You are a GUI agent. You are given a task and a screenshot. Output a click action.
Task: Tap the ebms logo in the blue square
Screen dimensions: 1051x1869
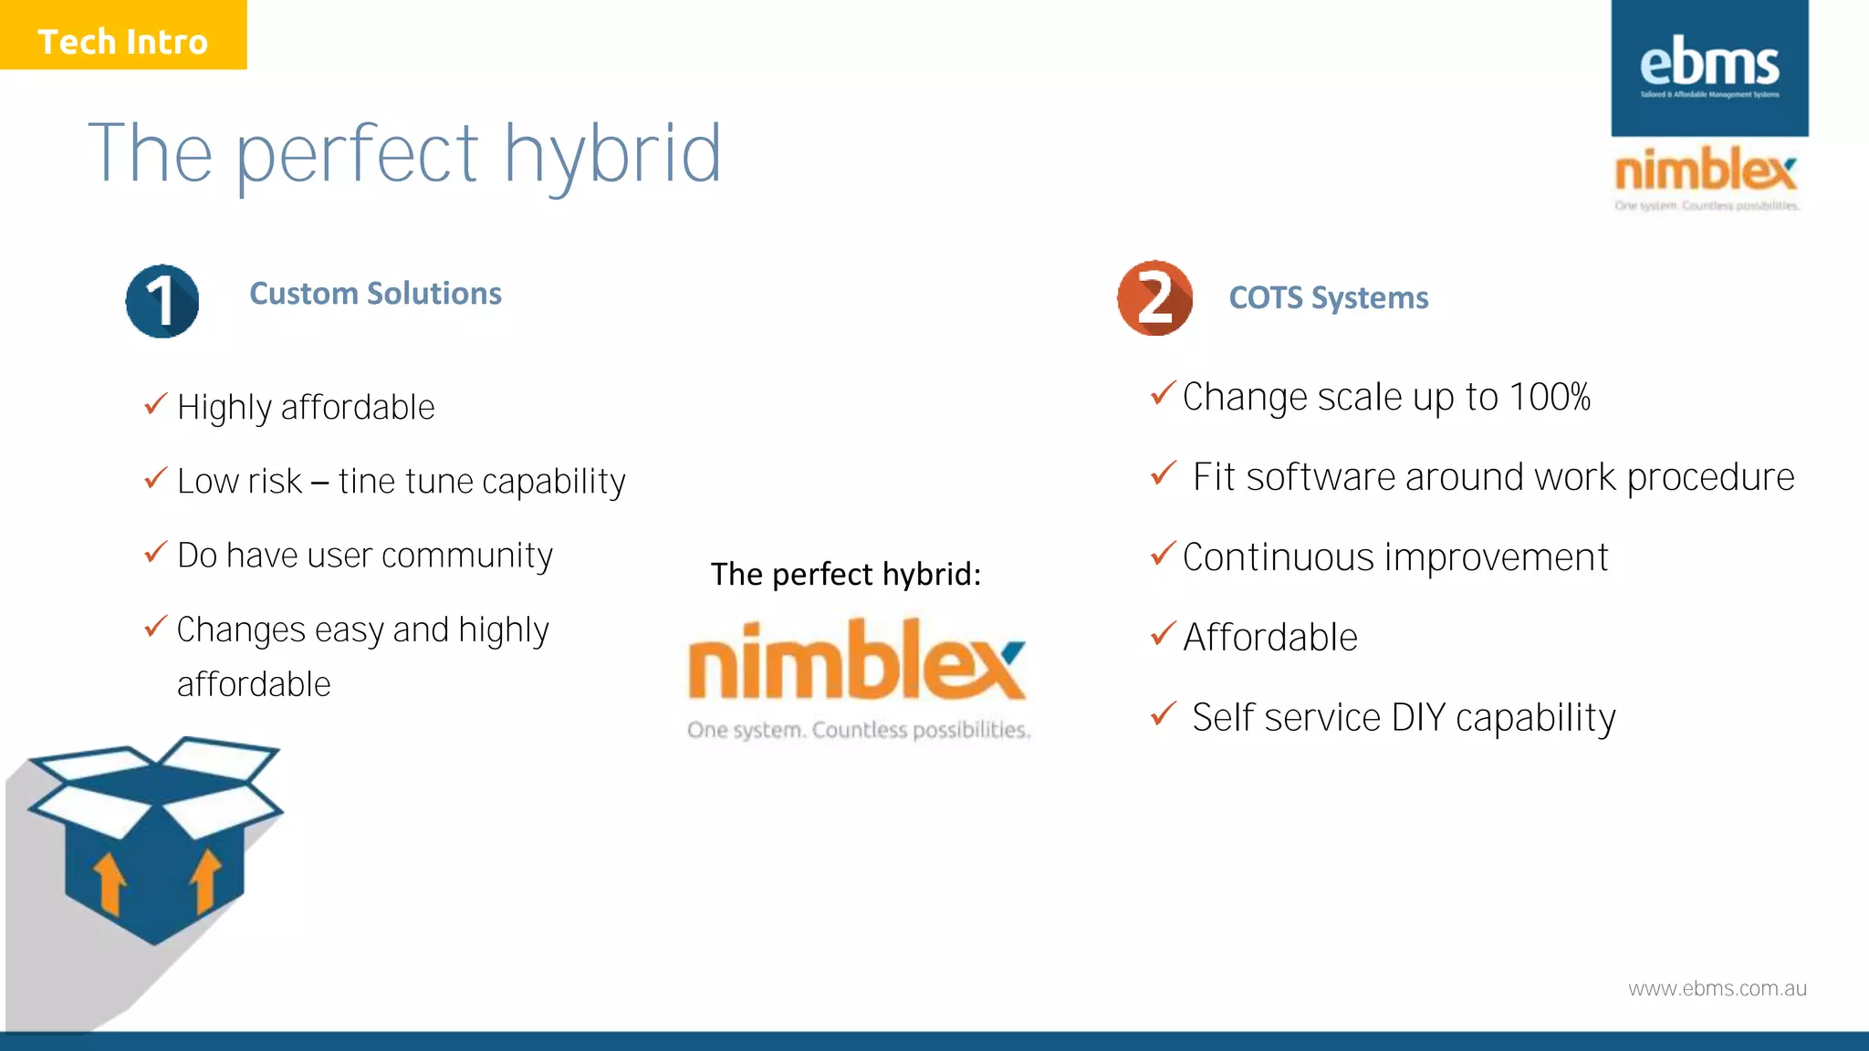click(x=1708, y=66)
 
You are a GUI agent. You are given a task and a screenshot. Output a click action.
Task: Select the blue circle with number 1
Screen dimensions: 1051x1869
click(x=162, y=301)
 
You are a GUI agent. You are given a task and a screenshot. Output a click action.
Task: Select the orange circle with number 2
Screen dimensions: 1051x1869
click(x=1154, y=298)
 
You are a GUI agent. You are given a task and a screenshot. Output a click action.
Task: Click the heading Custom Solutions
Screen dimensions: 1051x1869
click(x=375, y=294)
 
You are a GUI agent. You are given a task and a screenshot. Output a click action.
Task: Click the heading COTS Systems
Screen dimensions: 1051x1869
click(x=1328, y=298)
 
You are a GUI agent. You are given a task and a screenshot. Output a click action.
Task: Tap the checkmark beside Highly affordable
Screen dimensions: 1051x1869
click(x=156, y=403)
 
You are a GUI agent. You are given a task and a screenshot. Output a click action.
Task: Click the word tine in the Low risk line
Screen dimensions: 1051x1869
click(x=366, y=482)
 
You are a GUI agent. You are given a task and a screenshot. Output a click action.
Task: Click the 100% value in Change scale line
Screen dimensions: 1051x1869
click(x=1549, y=397)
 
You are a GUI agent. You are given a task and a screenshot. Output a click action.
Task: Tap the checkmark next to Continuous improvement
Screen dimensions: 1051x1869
click(x=1163, y=554)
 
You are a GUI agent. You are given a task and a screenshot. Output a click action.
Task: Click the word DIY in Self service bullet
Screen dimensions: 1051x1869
click(x=1418, y=718)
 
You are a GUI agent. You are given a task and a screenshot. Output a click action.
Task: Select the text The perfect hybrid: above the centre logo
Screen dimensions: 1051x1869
click(x=845, y=575)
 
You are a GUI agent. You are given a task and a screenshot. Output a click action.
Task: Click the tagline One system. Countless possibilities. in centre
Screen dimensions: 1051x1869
click(x=858, y=730)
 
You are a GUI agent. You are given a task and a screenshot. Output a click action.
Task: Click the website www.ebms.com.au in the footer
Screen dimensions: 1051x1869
click(x=1717, y=989)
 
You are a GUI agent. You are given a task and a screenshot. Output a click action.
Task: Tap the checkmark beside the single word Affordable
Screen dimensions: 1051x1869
click(x=1163, y=633)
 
